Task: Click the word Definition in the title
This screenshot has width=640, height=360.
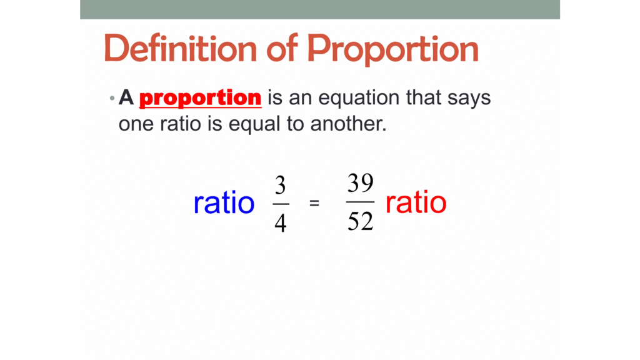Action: point(181,48)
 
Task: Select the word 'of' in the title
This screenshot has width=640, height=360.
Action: point(282,47)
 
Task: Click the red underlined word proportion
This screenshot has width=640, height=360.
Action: point(200,98)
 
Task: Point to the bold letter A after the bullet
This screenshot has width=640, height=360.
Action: point(126,97)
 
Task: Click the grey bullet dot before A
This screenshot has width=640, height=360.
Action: point(112,98)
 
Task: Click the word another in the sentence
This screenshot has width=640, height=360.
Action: point(348,124)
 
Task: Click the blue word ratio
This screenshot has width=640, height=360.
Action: point(224,203)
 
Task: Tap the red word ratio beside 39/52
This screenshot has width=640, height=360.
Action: point(416,202)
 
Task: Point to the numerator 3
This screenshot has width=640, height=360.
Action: point(280,185)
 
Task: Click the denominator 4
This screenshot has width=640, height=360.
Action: point(281,223)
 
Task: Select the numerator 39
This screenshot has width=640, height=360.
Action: point(360,183)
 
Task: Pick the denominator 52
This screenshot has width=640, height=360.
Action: point(360,221)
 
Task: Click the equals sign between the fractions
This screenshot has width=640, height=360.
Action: point(314,203)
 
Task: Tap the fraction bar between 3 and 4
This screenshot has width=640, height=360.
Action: point(281,204)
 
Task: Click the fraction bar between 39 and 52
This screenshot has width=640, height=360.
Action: point(360,202)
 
